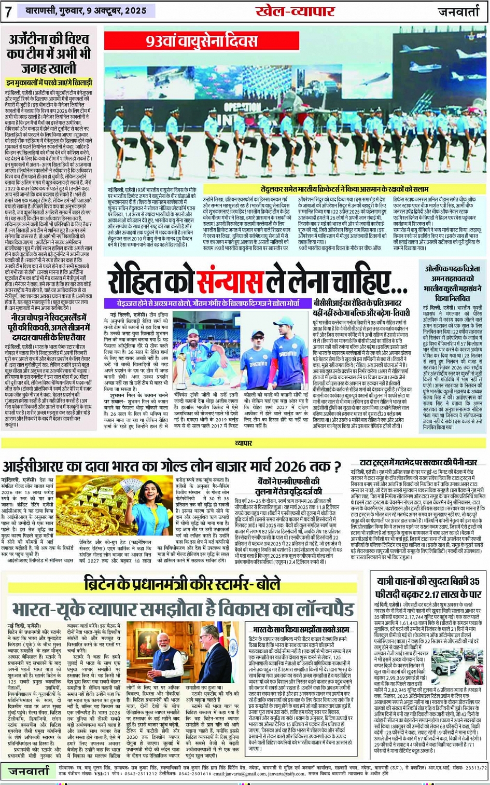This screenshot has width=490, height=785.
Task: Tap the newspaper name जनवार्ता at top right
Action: tap(459, 11)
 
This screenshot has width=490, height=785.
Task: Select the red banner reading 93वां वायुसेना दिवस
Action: tap(202, 41)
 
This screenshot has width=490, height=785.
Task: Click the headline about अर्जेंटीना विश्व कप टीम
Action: tap(49, 53)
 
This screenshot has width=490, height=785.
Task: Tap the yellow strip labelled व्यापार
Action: tap(244, 443)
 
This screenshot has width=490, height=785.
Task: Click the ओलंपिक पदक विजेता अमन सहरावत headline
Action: tap(454, 284)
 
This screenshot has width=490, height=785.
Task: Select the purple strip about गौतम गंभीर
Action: tap(207, 303)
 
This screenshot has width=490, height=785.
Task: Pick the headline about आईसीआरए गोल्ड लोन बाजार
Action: tap(171, 465)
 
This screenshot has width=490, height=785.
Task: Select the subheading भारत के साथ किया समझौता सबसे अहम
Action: tap(301, 629)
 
